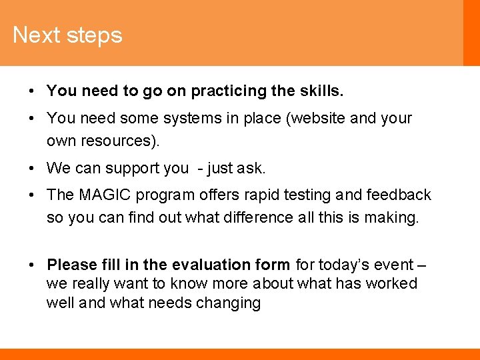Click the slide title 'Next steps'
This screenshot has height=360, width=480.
(x=67, y=35)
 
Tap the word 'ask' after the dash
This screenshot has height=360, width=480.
(x=251, y=168)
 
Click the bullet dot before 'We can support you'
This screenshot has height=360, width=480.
(x=32, y=168)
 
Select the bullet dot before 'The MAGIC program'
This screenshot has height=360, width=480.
(x=32, y=195)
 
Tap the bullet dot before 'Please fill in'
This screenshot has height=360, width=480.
(x=32, y=265)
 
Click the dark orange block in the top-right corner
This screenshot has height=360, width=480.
(x=471, y=33)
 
